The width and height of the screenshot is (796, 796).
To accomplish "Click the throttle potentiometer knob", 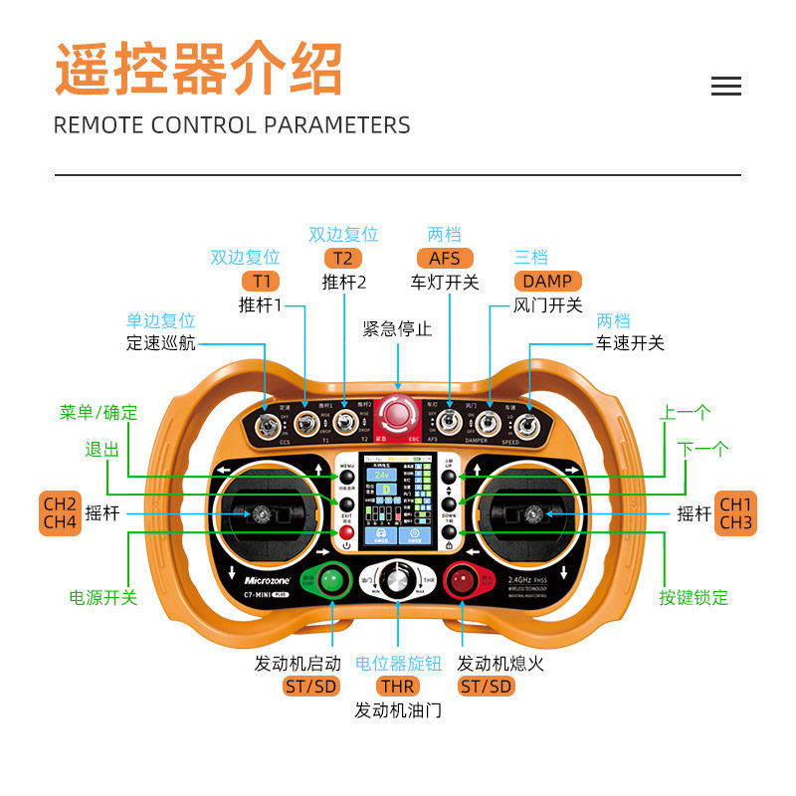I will [398, 581].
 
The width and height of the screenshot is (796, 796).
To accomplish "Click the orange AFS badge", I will [444, 259].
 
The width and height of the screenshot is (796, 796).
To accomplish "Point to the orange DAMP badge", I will [547, 282].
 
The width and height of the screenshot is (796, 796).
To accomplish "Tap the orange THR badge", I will [398, 687].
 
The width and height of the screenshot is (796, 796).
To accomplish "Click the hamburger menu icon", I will [726, 87].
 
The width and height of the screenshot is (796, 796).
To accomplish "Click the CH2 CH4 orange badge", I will [60, 512].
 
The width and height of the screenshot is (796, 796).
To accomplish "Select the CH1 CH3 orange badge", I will [736, 512].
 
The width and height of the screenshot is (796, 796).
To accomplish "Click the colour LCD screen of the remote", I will [398, 502].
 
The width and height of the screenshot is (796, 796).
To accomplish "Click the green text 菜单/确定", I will [99, 412].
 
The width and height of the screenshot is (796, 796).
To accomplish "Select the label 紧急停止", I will [397, 328].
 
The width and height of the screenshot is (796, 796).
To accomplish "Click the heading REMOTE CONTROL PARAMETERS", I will [232, 125].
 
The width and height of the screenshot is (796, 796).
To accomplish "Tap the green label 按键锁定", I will [694, 597].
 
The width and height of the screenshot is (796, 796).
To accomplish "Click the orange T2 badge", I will [343, 259].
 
